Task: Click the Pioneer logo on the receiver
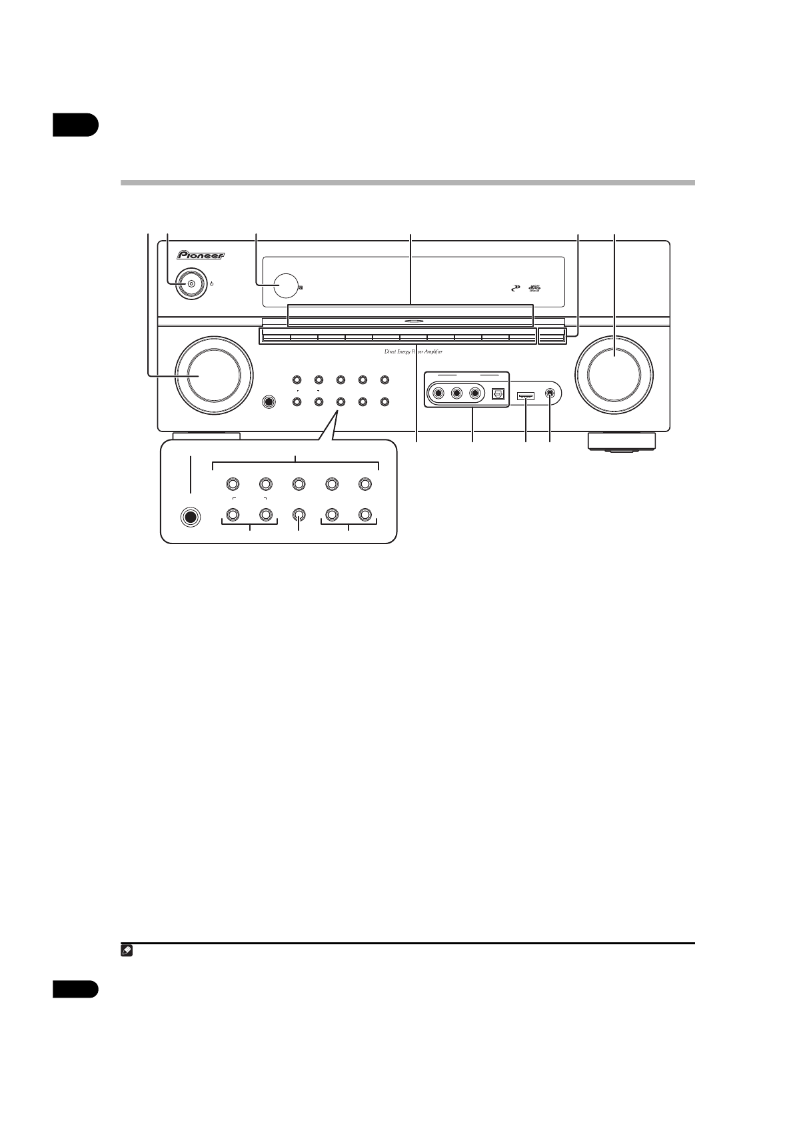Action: pos(201,254)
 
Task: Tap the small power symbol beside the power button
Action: pos(211,284)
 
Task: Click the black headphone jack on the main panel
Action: pos(269,402)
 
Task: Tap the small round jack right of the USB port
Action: pos(550,394)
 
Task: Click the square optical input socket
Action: pos(498,394)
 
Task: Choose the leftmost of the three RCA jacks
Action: pos(438,393)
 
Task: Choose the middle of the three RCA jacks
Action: pos(456,393)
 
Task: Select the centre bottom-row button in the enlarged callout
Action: pos(299,515)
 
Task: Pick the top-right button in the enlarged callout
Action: pos(364,483)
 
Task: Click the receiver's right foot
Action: pos(621,442)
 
